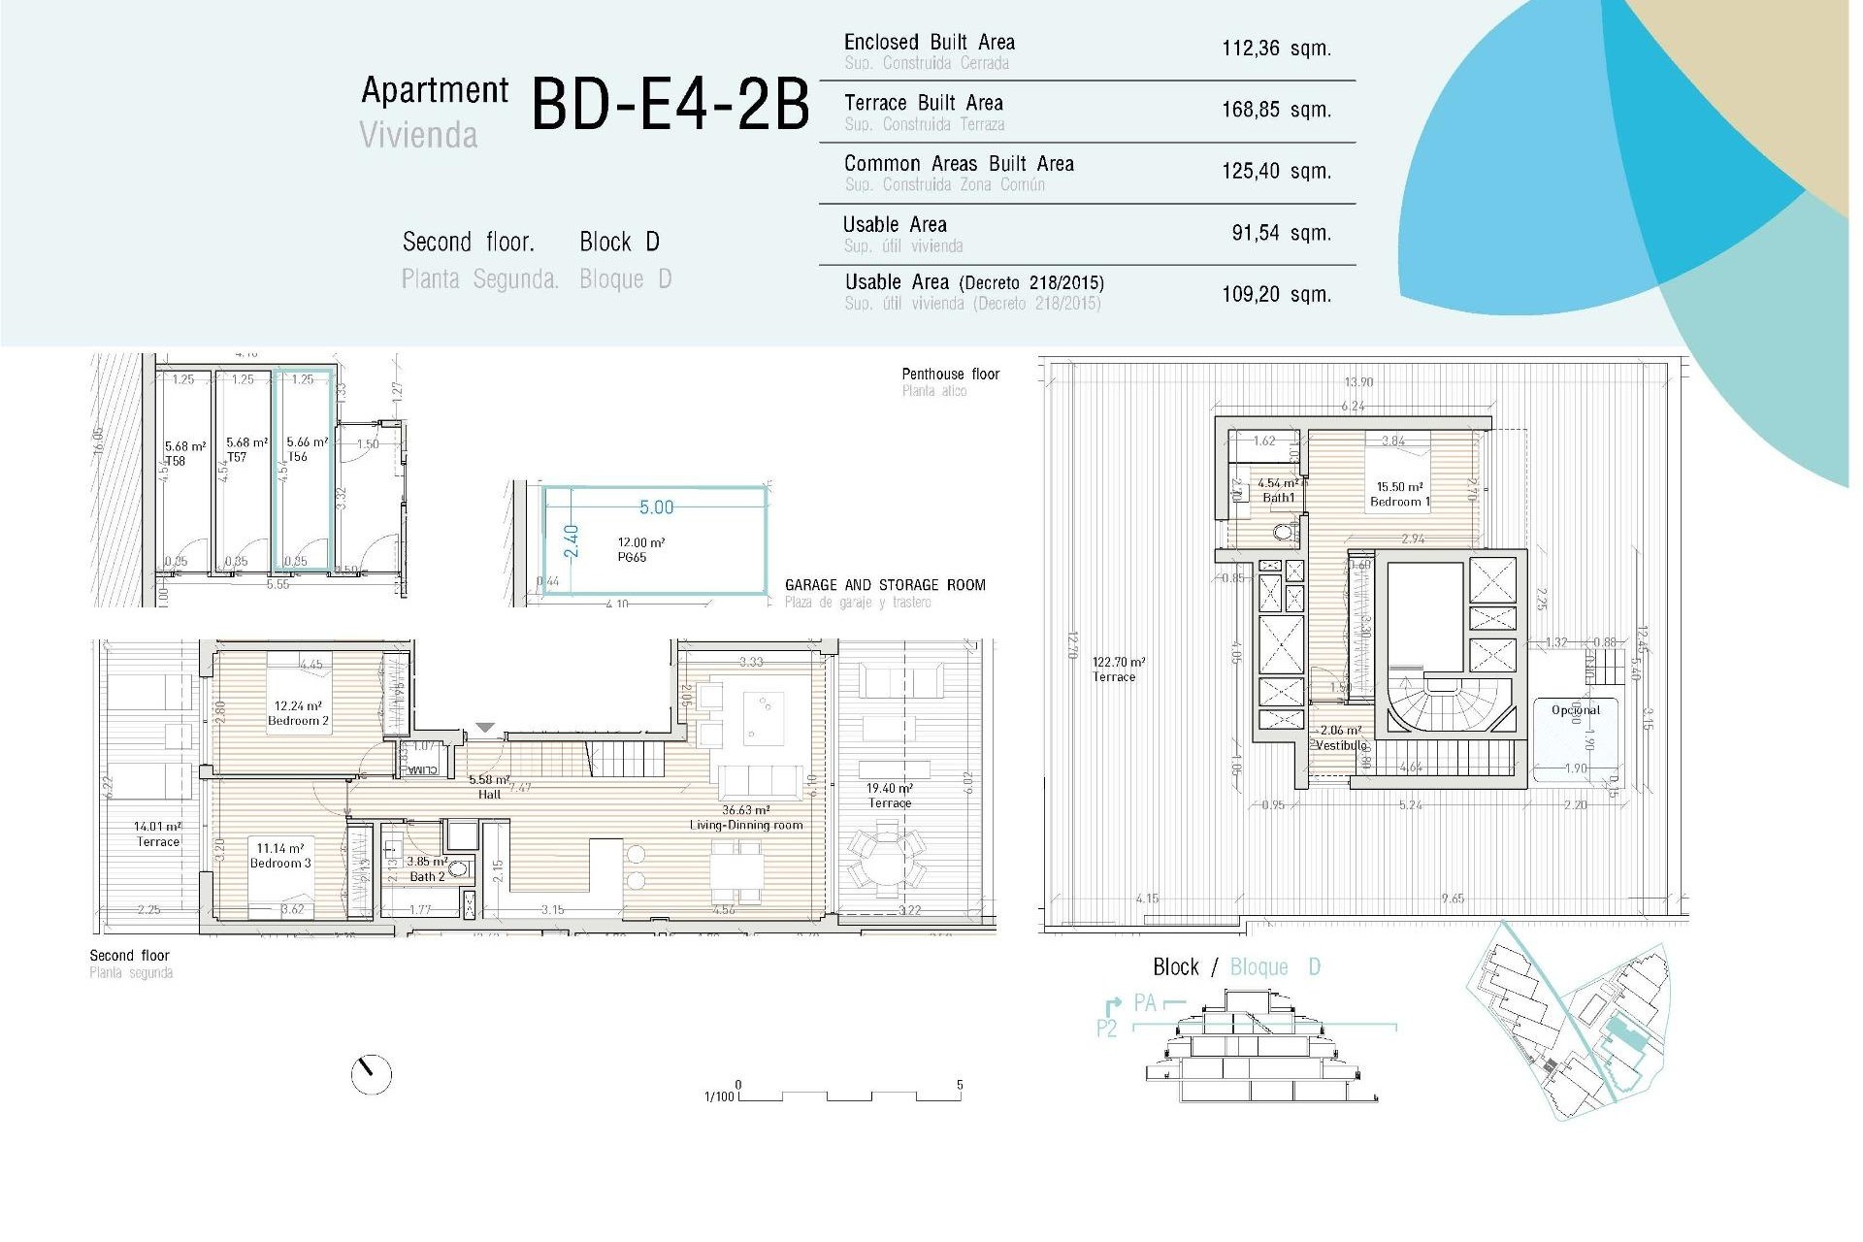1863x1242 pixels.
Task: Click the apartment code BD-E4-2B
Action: [x=670, y=105]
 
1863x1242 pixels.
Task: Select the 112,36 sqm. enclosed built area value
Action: [x=1275, y=49]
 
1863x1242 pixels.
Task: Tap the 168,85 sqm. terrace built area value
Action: [x=1275, y=110]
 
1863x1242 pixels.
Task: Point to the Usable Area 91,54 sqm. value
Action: [x=1280, y=233]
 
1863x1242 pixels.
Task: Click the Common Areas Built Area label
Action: [x=958, y=164]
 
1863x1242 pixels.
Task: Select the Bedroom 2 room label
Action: [x=298, y=720]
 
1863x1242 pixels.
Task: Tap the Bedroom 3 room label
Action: [x=280, y=862]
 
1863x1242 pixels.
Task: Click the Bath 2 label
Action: [x=427, y=876]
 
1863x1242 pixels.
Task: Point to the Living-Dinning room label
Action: [x=745, y=825]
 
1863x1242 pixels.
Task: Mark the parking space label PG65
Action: [x=632, y=557]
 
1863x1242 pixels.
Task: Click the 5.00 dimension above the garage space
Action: [x=656, y=507]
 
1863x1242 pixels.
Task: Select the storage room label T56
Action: [x=297, y=456]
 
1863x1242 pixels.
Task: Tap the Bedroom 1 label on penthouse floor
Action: [x=1399, y=502]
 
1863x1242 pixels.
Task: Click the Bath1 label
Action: [x=1278, y=498]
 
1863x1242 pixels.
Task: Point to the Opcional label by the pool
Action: [x=1575, y=710]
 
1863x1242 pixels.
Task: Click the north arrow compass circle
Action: [x=371, y=1074]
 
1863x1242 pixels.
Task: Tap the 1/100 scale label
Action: [x=718, y=1096]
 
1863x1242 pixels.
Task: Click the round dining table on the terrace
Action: [x=886, y=862]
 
